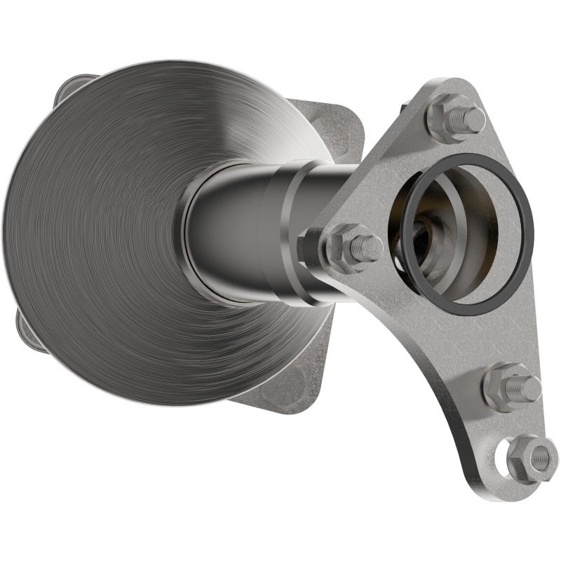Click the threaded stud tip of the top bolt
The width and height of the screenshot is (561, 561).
click(x=473, y=119)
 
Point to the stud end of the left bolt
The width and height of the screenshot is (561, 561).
click(x=368, y=248)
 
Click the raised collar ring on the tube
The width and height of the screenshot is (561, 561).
click(x=295, y=231)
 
